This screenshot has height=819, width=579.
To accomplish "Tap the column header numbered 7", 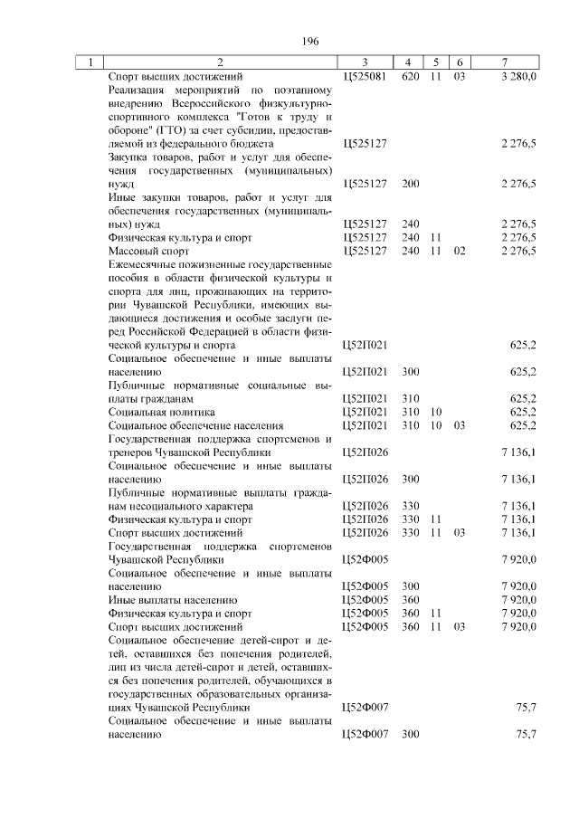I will point(505,62).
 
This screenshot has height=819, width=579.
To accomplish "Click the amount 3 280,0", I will point(518,77).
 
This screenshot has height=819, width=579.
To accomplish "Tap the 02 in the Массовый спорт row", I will point(459,251).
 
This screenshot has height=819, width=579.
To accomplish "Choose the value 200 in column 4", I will point(410,184).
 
